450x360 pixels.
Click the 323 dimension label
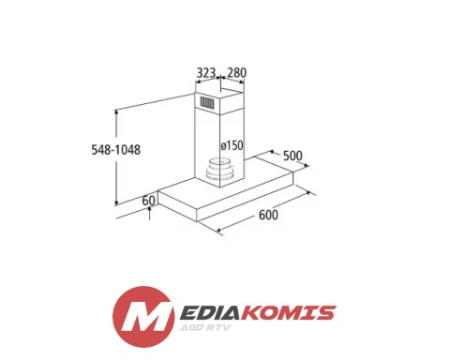[206, 73]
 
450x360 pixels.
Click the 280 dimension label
[236, 72]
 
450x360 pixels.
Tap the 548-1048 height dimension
[116, 150]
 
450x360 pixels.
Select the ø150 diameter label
[232, 145]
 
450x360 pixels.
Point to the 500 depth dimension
[292, 156]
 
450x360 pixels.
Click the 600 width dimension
[268, 215]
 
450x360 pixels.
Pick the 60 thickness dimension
[148, 201]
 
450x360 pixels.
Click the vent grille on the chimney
[207, 102]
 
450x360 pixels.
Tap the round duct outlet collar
[220, 171]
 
